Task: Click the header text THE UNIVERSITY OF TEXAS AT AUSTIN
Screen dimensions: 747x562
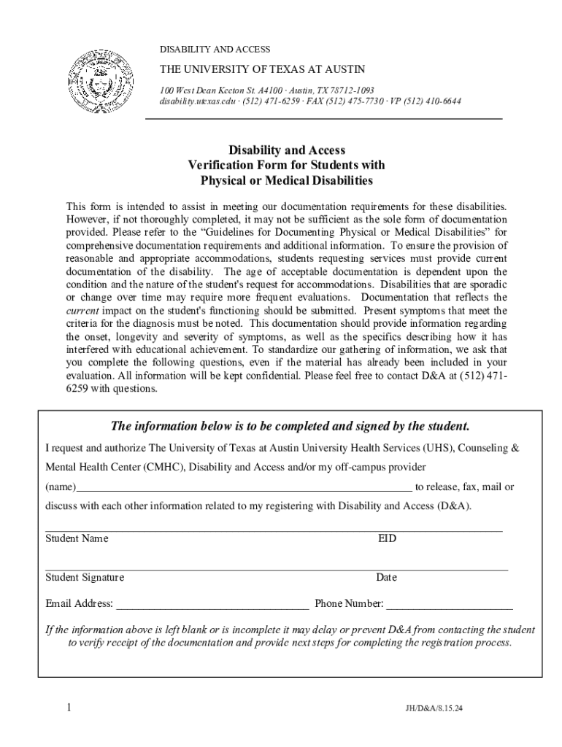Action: pyautogui.click(x=276, y=70)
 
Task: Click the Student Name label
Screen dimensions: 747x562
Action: pyautogui.click(x=77, y=539)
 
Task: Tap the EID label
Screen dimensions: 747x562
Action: pyautogui.click(x=387, y=539)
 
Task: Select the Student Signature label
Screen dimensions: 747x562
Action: pyautogui.click(x=85, y=578)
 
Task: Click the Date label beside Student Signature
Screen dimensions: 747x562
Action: pyautogui.click(x=386, y=578)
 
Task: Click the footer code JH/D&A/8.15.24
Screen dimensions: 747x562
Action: pyautogui.click(x=434, y=708)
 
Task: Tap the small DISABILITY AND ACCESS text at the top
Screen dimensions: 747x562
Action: pyautogui.click(x=215, y=50)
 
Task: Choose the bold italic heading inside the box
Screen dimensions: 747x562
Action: pyautogui.click(x=289, y=426)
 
